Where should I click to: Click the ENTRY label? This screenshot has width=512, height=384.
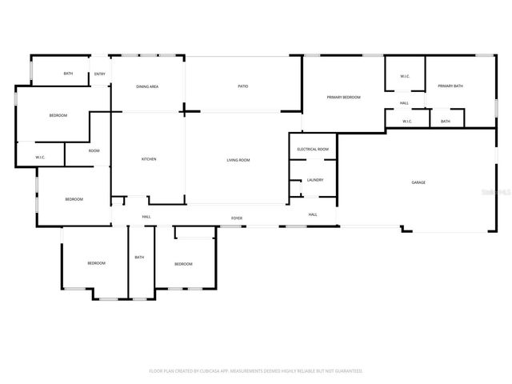coord(100,74)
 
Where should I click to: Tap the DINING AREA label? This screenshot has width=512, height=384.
coord(146,86)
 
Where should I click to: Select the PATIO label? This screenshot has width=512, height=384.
coord(242,86)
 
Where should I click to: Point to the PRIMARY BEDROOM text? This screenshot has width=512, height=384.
coord(343,97)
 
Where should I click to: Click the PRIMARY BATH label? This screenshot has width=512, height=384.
coord(450,86)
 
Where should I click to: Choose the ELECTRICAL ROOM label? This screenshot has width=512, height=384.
coord(313,150)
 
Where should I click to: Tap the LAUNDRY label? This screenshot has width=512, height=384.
coord(314,179)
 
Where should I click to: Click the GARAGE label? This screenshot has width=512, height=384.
coord(418,182)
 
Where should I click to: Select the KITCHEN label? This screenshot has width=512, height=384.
coord(149,159)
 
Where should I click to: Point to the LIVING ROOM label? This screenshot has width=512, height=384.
coord(238,160)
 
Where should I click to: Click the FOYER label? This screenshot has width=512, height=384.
coord(237,218)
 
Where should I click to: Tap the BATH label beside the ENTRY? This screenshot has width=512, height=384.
coord(68,74)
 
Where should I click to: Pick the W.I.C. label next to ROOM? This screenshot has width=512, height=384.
coord(40,157)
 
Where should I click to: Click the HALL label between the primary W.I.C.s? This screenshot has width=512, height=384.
coord(405,103)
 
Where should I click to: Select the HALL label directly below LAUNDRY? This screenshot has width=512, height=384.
coord(313,214)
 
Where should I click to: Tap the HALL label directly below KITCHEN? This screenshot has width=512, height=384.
coord(146,217)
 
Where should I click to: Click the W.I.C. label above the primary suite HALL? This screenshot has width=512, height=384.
coord(405,76)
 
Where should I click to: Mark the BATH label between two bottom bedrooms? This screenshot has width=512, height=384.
coord(139,257)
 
